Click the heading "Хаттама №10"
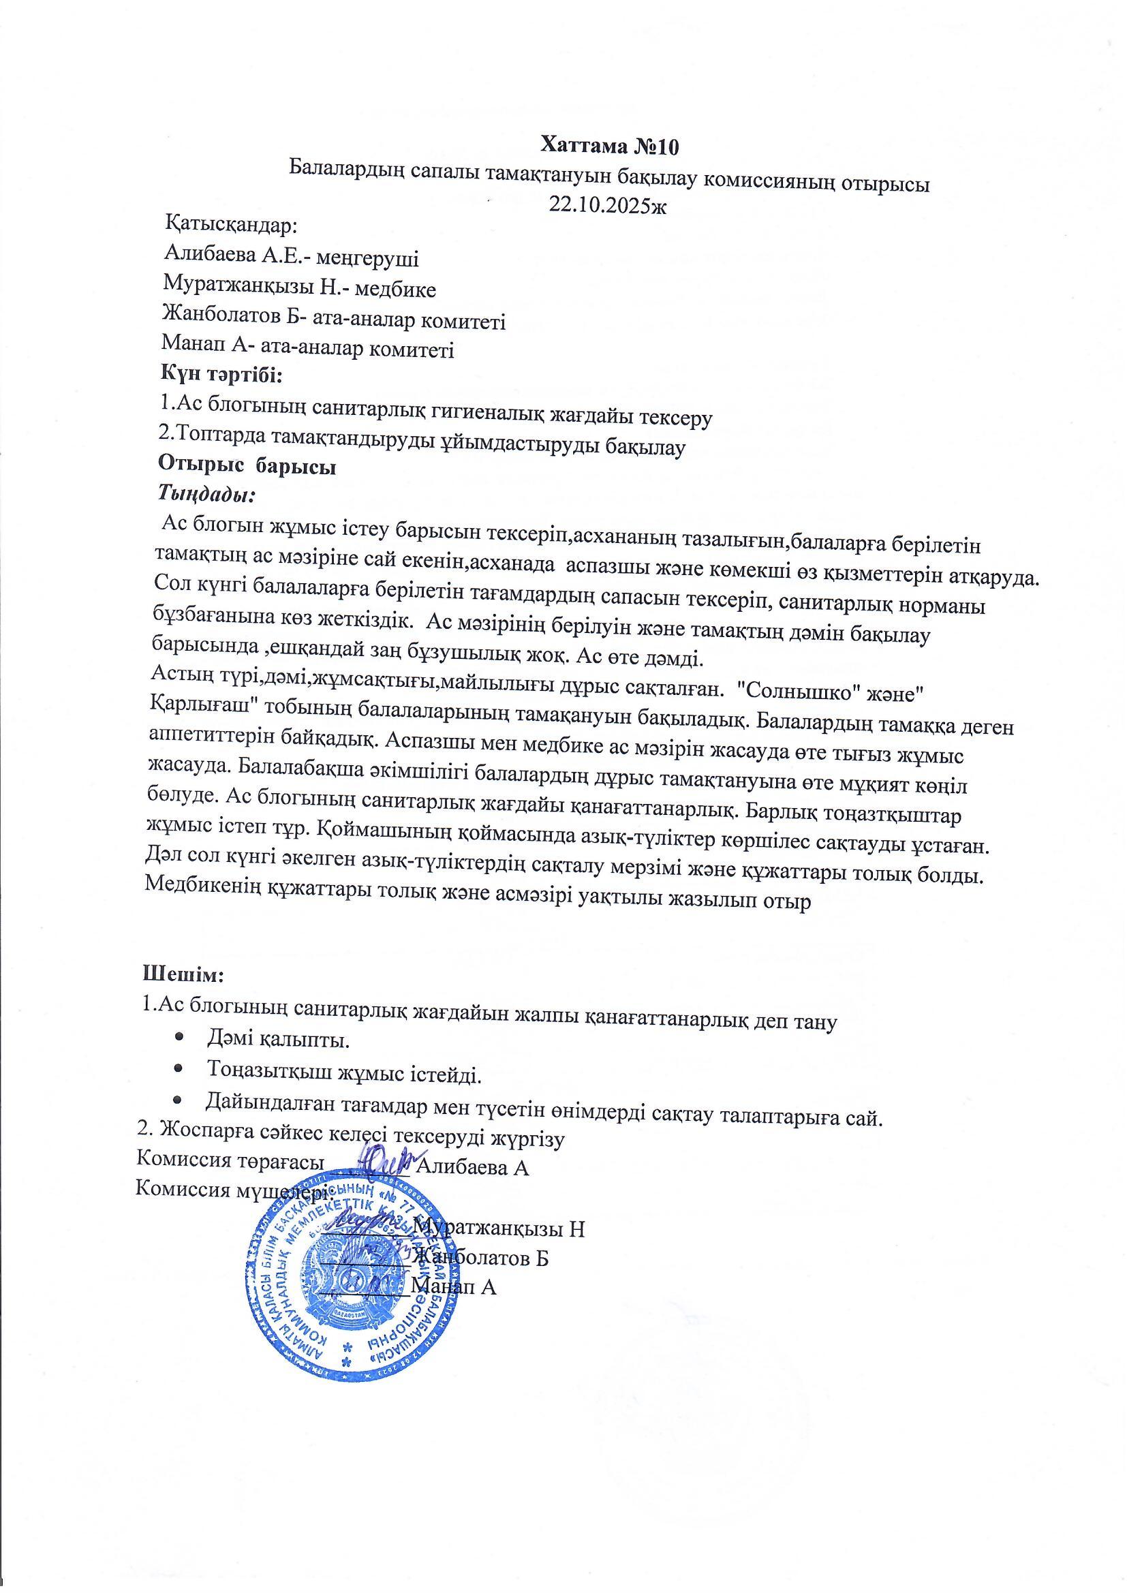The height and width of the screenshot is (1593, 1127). tap(609, 146)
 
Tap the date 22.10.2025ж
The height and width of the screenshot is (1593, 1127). tap(606, 205)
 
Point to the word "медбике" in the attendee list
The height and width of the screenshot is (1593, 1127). tap(395, 290)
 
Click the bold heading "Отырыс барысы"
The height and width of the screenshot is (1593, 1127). tap(247, 467)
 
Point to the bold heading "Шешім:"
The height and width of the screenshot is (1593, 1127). tap(183, 974)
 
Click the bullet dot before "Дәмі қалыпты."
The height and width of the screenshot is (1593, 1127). tap(180, 1039)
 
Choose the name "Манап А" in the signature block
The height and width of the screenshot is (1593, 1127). tap(454, 1287)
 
